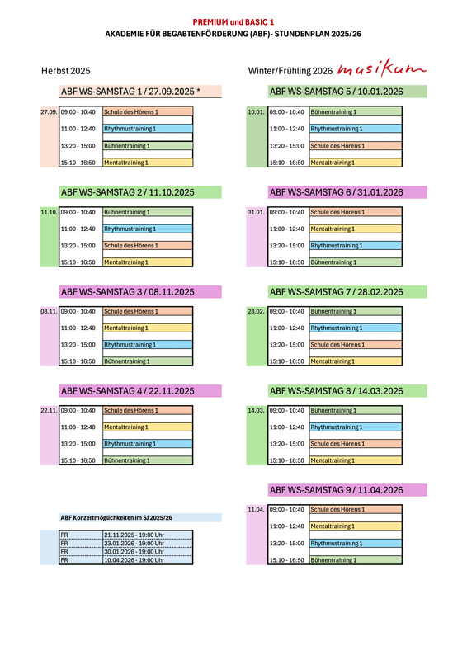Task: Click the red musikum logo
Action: coord(381,68)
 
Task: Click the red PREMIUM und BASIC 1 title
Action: coord(233,22)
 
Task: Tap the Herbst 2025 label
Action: coord(66,71)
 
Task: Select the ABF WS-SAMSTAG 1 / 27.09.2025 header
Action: coord(130,92)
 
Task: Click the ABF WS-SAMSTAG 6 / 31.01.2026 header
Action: coord(337,192)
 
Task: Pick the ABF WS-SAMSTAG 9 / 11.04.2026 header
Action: coord(337,490)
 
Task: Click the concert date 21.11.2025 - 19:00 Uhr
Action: coord(134,535)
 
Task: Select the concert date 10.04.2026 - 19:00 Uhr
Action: coord(134,560)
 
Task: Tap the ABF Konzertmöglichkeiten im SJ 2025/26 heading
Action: coord(116,518)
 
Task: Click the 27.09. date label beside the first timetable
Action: coord(49,112)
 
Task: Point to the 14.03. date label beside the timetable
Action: coord(256,410)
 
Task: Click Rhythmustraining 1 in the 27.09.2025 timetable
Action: coord(130,129)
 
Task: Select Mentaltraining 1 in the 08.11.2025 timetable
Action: coord(126,328)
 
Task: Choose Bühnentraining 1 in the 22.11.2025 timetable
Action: coord(127,460)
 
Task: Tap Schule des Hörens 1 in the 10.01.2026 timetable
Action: coord(337,146)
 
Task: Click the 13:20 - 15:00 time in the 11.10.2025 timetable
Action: coord(78,246)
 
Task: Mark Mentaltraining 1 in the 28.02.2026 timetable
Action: coord(333,361)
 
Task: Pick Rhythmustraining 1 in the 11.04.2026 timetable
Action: coord(337,544)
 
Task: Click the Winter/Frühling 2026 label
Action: coord(290,71)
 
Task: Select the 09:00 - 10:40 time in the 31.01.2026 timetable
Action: coord(287,213)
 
